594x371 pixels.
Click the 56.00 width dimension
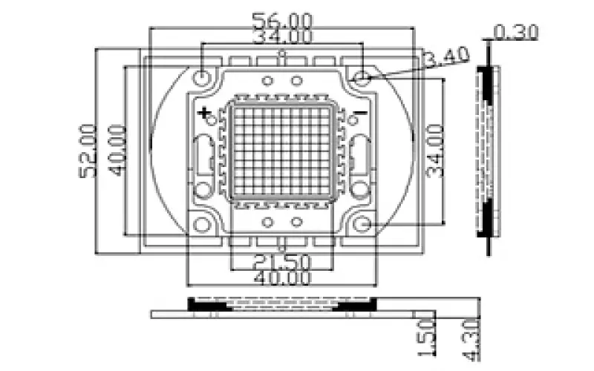(283, 20)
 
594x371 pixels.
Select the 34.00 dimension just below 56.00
(283, 36)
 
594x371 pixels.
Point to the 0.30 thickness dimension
(516, 33)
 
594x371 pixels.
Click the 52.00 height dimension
(88, 151)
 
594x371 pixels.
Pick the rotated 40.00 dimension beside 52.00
(117, 151)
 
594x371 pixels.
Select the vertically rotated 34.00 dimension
(435, 151)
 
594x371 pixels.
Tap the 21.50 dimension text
(282, 261)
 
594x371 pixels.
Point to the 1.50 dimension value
(426, 338)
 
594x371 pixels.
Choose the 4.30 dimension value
(471, 340)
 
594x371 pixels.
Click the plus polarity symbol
(203, 113)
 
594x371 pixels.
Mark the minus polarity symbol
(361, 113)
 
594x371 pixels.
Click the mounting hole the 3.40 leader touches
(362, 78)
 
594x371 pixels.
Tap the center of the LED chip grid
(282, 151)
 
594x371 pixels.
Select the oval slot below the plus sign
(203, 156)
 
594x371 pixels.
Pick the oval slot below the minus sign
(360, 156)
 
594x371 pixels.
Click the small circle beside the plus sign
(212, 120)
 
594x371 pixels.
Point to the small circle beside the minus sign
(353, 120)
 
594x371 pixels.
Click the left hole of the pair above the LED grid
(268, 81)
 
